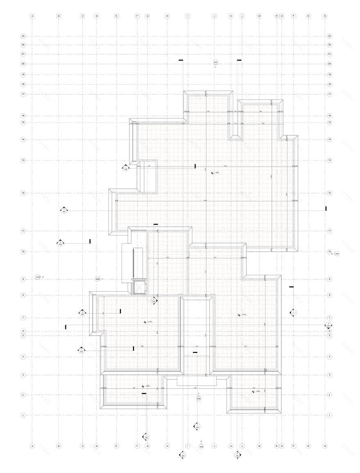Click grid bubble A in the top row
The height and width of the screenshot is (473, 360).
coord(32,16)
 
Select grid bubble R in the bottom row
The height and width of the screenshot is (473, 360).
coord(325,446)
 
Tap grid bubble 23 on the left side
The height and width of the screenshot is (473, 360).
coord(23,36)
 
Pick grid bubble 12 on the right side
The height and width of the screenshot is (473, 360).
coord(329,193)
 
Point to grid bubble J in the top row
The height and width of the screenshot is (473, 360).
coord(214,16)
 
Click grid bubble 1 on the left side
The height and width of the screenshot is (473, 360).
coord(23,415)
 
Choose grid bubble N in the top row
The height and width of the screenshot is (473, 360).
coord(277,16)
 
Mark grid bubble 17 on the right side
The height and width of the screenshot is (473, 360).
coord(329,95)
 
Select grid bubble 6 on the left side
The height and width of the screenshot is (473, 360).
coord(23,331)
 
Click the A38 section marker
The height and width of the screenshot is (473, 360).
coord(126,167)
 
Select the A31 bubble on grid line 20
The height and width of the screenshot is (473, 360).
coord(216,62)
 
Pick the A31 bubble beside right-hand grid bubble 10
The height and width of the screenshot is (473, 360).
coord(337,254)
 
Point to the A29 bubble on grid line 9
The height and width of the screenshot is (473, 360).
coord(97,279)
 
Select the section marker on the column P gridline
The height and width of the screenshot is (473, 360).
coord(293,313)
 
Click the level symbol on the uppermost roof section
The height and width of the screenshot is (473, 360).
coord(212,173)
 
